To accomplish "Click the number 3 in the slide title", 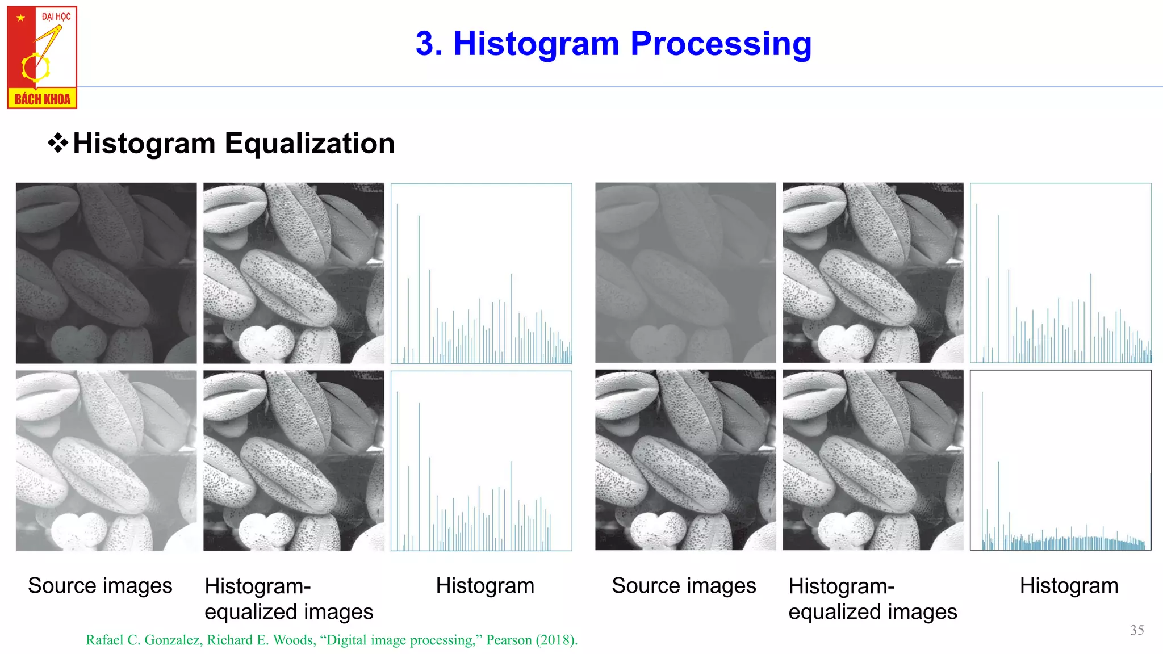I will tap(428, 44).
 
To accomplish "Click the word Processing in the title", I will tap(721, 44).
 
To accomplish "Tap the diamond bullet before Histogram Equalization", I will tap(57, 143).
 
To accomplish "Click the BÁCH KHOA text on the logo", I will tap(42, 99).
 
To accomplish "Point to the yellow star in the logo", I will tap(21, 18).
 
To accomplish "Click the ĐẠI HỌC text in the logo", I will tap(56, 16).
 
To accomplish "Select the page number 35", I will tap(1137, 630).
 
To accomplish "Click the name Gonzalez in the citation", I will tap(173, 640).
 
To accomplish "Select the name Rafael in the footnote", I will tap(104, 640).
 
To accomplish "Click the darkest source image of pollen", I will tap(106, 273).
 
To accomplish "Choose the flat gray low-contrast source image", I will tap(685, 273).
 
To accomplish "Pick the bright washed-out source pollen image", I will tap(106, 460).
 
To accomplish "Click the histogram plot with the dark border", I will tap(1060, 460).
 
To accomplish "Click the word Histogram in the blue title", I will tap(536, 44).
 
